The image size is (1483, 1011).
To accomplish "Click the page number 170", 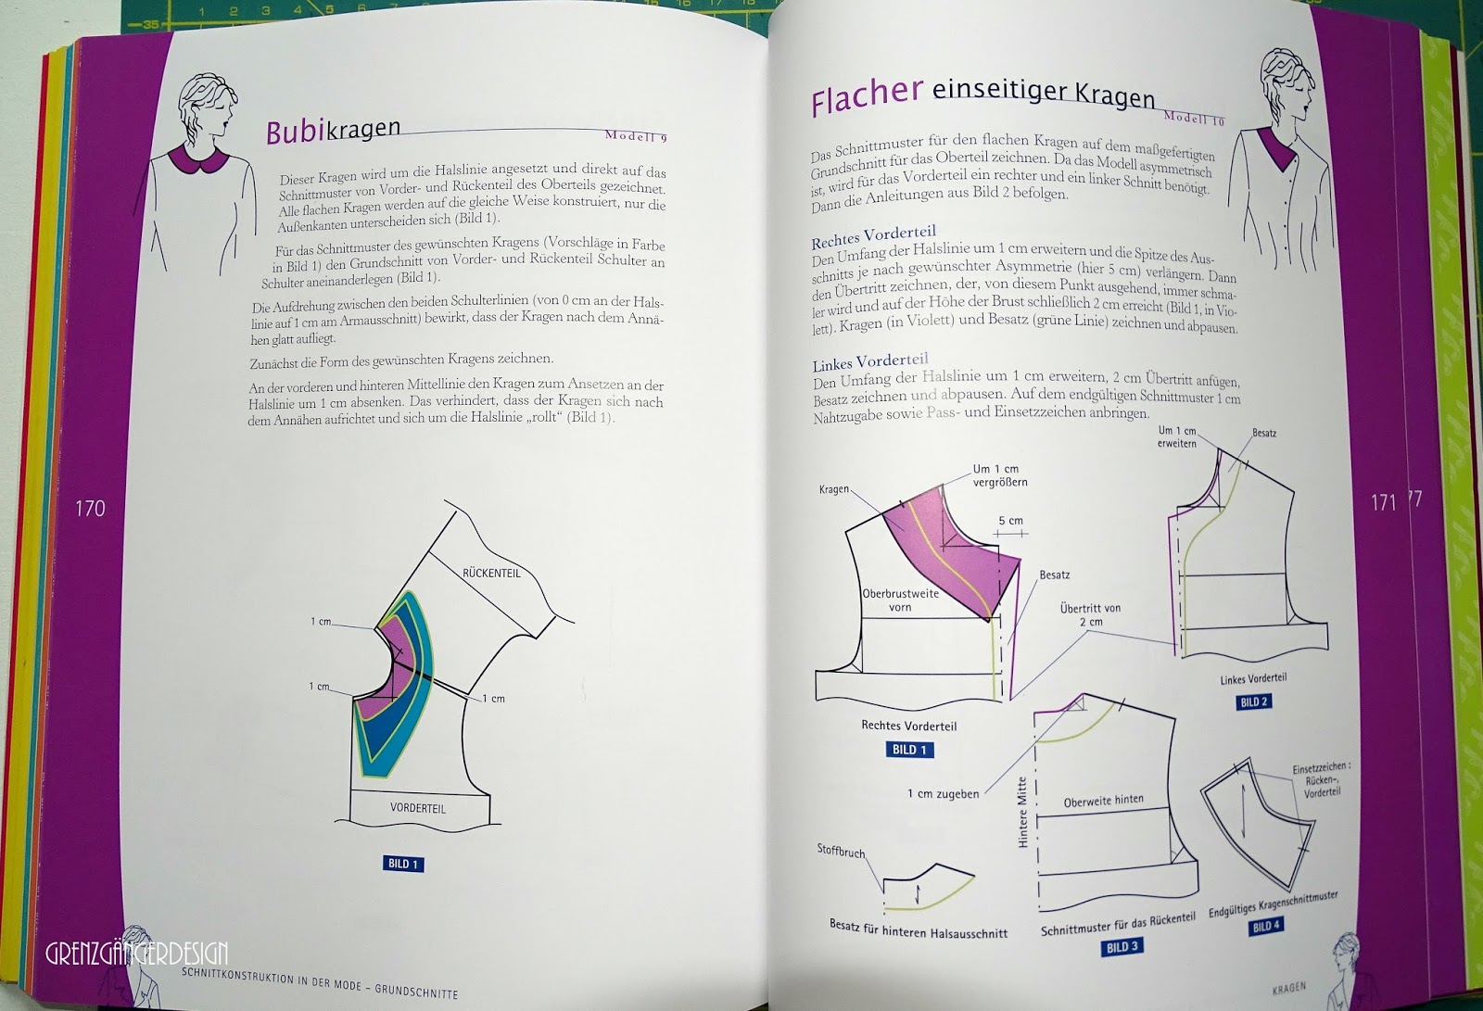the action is tap(90, 508).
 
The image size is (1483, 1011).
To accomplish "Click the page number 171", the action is tap(1383, 502).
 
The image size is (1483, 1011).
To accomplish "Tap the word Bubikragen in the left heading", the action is tap(333, 130).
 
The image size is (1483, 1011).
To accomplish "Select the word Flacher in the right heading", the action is tap(867, 95).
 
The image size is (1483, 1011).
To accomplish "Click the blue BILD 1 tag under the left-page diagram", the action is tap(402, 864).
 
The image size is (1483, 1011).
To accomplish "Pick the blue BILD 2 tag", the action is tap(1253, 701).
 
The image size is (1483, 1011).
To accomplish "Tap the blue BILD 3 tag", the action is tap(1122, 946).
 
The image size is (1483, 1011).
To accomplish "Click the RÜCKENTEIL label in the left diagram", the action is tap(491, 573).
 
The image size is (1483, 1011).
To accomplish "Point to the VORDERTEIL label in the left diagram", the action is tap(418, 808).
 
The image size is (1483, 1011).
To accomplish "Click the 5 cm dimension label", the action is tap(1010, 521).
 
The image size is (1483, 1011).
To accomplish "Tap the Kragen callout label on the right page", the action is tap(833, 489).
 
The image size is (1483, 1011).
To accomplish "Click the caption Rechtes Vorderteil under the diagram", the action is tap(908, 726).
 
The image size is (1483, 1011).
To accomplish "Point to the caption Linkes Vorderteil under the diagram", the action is tap(1253, 679).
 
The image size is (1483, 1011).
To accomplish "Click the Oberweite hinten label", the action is tap(1103, 801).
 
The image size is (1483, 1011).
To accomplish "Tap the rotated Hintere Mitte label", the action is tap(1023, 813).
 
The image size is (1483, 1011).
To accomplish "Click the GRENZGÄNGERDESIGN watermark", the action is tap(136, 953).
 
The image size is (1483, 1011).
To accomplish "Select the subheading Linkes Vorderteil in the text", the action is tap(869, 361).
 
